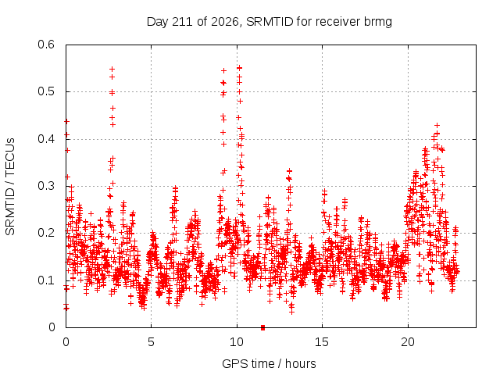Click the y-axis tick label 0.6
point(46,45)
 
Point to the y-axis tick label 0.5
point(46,91)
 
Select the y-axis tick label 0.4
point(46,139)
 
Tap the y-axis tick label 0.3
point(46,186)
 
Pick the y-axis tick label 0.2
point(46,233)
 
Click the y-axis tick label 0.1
point(46,280)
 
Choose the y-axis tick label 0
point(52,327)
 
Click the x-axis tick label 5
point(151,342)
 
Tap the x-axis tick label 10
point(237,342)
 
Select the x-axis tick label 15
point(322,342)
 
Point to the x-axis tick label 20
point(408,342)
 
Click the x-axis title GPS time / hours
point(269,364)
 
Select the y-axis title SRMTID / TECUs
point(10,187)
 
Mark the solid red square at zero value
point(262,327)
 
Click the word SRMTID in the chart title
point(270,22)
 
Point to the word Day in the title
point(158,22)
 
